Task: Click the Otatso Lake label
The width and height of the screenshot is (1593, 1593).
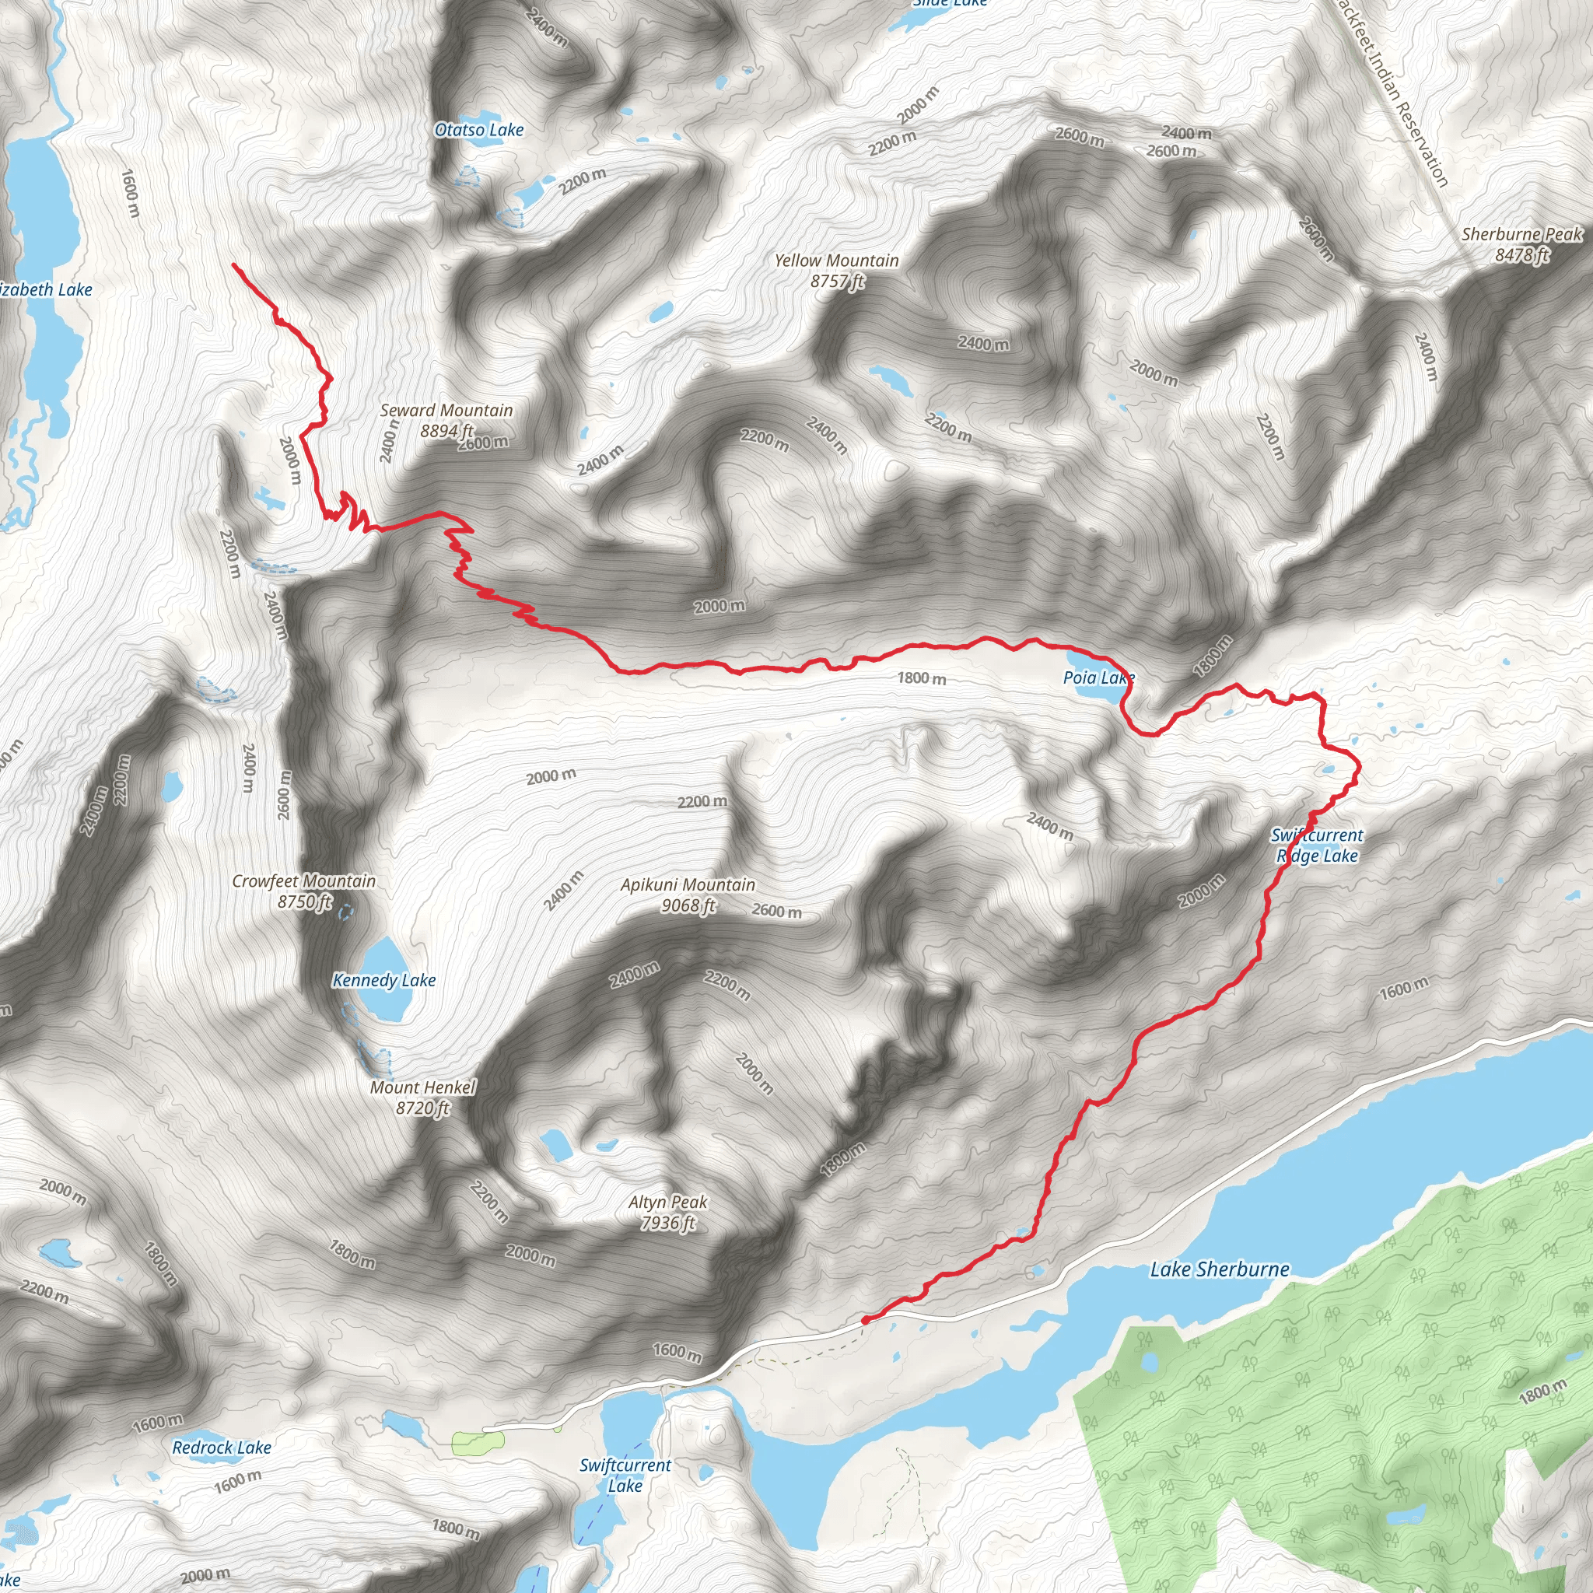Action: coord(479,129)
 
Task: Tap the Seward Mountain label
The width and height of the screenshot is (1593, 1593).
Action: coord(446,411)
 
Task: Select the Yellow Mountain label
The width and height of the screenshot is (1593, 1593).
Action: coord(836,261)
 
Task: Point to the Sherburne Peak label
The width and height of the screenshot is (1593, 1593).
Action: coord(1522,234)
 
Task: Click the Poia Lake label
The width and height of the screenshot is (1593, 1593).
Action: coord(1098,677)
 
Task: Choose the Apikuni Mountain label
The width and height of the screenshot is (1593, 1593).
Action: coord(688,884)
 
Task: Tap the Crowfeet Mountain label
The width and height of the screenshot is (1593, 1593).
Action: coord(303,881)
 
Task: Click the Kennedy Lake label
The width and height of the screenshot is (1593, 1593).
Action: coord(383,980)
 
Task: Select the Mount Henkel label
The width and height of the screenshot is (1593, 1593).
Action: coord(422,1087)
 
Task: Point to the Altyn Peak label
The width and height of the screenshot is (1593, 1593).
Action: coord(668,1203)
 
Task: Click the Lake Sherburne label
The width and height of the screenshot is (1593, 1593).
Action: coord(1220,1269)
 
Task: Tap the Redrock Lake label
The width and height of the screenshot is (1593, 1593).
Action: coord(222,1447)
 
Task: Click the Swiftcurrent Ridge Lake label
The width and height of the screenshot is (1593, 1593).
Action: coord(1317,846)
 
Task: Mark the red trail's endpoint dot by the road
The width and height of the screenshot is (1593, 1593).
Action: coord(865,1320)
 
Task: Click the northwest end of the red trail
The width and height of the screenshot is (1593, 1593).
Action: coord(235,265)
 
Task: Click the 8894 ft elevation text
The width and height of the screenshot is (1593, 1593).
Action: coord(446,430)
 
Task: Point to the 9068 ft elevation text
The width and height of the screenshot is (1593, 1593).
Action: coord(688,905)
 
